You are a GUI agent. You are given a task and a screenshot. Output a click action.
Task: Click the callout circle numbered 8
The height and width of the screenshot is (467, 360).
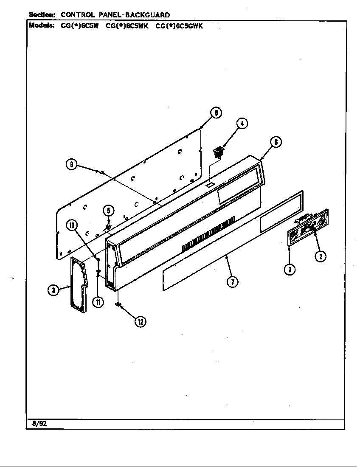tap(216, 113)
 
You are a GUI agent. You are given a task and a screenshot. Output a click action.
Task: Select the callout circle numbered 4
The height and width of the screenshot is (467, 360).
tap(241, 124)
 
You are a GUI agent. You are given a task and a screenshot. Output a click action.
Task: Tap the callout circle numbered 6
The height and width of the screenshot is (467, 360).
tap(276, 142)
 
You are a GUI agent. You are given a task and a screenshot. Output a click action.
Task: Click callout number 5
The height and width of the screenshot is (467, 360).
tap(108, 211)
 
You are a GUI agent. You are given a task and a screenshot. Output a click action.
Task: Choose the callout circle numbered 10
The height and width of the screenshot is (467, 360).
tap(72, 225)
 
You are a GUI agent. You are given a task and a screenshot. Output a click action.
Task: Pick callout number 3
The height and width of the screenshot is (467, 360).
tap(53, 290)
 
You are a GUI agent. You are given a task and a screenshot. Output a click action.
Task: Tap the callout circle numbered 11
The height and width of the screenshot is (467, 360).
tap(98, 302)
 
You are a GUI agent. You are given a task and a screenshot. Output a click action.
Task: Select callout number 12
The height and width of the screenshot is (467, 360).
tap(140, 322)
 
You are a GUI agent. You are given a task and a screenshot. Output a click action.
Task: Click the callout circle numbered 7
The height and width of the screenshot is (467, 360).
tap(232, 281)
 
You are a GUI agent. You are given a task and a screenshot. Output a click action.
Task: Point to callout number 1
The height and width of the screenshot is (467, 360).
tap(290, 269)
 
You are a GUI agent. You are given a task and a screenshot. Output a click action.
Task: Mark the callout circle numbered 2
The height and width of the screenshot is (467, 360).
tap(321, 256)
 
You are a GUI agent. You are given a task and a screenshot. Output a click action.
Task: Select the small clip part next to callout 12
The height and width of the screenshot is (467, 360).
tap(118, 304)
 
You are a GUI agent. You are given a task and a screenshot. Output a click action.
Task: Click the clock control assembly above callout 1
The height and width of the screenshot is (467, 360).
tap(308, 227)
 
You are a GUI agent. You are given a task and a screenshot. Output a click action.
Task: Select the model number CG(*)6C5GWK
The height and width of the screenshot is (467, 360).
tap(179, 25)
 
